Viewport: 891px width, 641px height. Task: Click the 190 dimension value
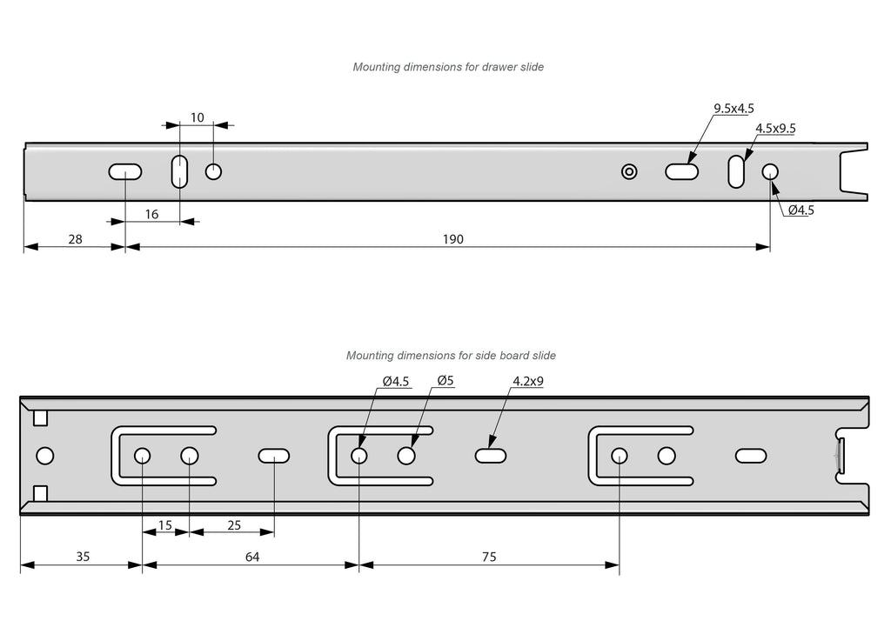(x=452, y=239)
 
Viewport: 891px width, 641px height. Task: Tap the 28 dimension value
(x=75, y=239)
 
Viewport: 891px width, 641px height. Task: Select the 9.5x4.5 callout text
(x=734, y=109)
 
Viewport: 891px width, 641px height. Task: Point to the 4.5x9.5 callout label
(x=775, y=129)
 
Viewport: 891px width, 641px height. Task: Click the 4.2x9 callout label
(x=528, y=381)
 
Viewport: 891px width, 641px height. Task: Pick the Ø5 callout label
(x=445, y=381)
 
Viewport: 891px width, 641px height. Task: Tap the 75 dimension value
(x=488, y=557)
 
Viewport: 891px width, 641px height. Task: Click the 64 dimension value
(x=252, y=557)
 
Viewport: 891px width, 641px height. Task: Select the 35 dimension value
(x=82, y=557)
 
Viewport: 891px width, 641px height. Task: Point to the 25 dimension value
(x=233, y=525)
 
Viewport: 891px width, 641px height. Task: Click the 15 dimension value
(x=164, y=525)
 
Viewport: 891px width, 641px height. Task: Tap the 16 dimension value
(x=151, y=214)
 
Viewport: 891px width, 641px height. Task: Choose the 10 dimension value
(x=198, y=117)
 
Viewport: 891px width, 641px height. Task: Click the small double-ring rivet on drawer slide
(x=629, y=171)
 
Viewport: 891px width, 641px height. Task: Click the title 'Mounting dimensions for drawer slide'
(x=448, y=67)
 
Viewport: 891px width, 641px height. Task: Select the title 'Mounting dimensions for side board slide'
(x=451, y=356)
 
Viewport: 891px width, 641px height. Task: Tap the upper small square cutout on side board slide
(x=40, y=418)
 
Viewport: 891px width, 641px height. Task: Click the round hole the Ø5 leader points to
(x=405, y=456)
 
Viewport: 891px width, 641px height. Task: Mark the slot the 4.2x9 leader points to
(x=492, y=456)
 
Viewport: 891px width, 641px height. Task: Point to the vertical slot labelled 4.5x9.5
(x=736, y=171)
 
